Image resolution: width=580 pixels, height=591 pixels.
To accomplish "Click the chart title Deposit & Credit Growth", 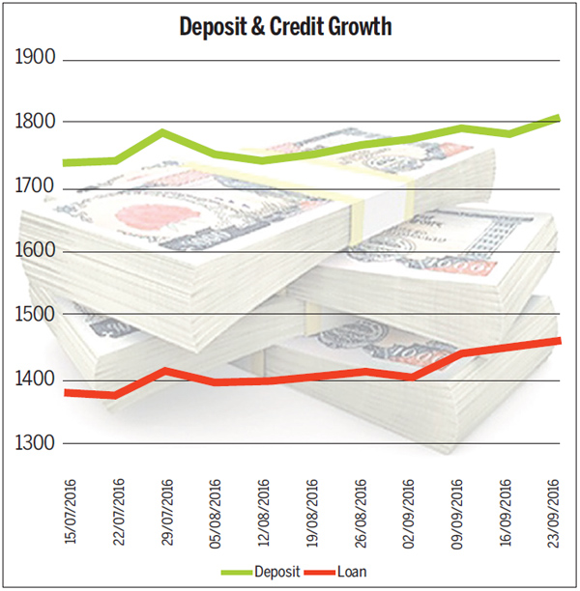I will (285, 26).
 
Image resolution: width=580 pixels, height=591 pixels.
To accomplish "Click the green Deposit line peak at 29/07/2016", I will (163, 132).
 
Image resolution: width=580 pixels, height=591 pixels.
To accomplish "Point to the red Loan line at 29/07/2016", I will (164, 371).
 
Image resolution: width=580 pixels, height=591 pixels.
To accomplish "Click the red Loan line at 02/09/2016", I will (411, 376).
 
